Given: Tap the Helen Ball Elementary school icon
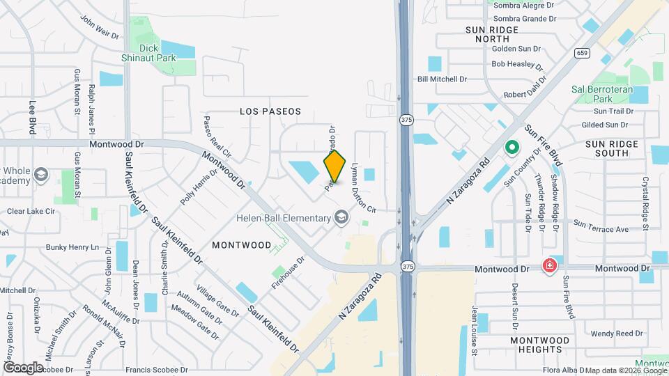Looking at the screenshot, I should pyautogui.click(x=341, y=218).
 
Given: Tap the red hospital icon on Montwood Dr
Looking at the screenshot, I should pyautogui.click(x=550, y=266).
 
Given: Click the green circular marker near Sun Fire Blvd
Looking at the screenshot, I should pyautogui.click(x=512, y=148).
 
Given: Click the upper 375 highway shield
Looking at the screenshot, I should pyautogui.click(x=406, y=120).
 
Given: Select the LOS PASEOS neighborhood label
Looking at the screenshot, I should pyautogui.click(x=270, y=111).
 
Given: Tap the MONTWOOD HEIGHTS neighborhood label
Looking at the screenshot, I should pyautogui.click(x=540, y=345).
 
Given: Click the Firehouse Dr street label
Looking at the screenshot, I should pyautogui.click(x=288, y=274).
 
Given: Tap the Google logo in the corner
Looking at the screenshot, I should pyautogui.click(x=23, y=367).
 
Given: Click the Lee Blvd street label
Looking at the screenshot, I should pyautogui.click(x=32, y=116).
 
